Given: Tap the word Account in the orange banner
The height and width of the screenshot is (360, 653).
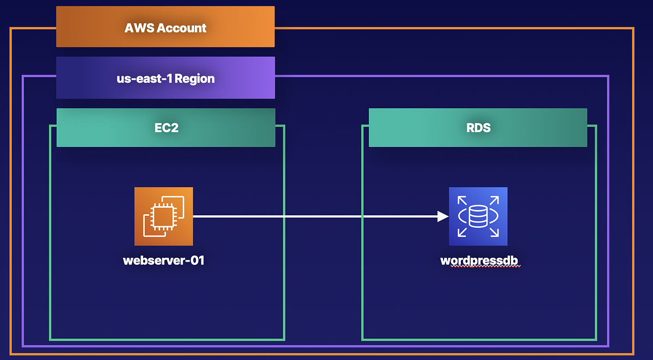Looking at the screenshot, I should coord(181,28).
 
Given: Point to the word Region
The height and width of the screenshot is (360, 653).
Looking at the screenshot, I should coord(194,78).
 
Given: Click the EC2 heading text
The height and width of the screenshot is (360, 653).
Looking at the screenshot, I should coord(166,128).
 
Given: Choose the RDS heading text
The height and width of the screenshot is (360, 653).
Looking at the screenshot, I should coord(478,128).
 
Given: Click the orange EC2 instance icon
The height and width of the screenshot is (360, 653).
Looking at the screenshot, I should coord(164,216).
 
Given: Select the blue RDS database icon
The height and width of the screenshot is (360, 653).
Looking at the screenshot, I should coord(478,216).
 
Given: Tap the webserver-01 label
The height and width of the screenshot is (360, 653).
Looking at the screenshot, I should coord(164,260).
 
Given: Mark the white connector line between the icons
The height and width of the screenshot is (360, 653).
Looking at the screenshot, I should coord(316,216).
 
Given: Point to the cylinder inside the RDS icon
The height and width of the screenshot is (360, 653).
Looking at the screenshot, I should coord(478,216).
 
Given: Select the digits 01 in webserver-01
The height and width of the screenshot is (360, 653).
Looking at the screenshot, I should coord(197,260).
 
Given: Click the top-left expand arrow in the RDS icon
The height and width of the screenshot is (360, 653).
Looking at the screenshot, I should coord(461,200).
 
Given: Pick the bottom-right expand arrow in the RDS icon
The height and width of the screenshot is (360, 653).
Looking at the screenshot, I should coord(494,233).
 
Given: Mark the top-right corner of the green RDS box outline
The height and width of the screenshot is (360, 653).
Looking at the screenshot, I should coord(596,126).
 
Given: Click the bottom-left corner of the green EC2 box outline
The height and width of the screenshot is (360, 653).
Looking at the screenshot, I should coord(51,339).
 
